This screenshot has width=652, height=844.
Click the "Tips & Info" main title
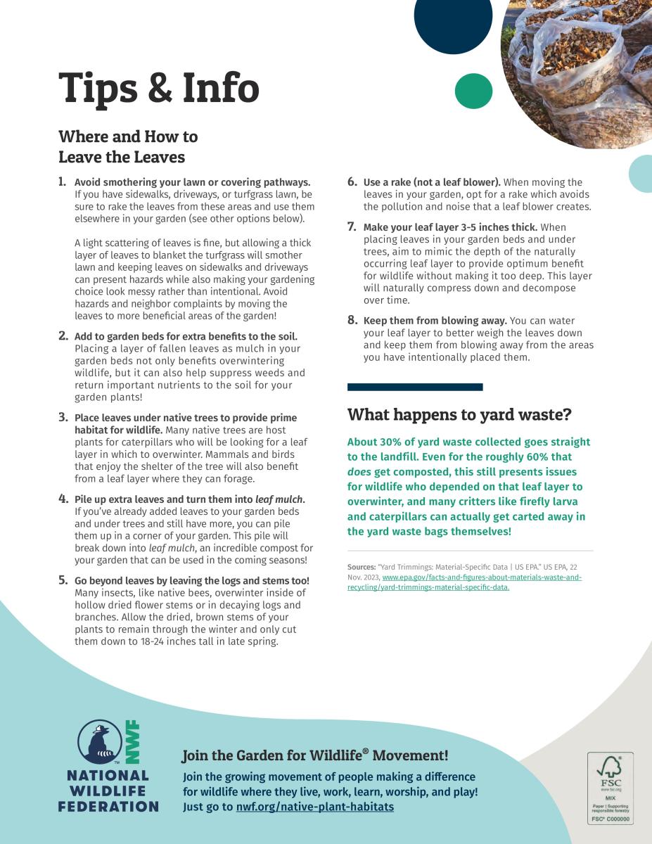point(159,88)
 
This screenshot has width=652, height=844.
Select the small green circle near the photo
point(473,91)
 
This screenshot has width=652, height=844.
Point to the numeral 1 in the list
point(62,181)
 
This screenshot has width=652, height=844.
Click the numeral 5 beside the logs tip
point(63,580)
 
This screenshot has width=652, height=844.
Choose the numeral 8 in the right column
point(352,321)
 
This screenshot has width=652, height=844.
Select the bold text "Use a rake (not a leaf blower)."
point(432,182)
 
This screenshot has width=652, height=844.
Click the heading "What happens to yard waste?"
point(459,414)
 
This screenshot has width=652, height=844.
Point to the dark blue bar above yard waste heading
point(415,387)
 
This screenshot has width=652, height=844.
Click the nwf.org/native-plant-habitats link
point(315,807)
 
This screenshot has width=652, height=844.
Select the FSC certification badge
point(610,788)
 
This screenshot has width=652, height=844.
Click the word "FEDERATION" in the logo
point(108,806)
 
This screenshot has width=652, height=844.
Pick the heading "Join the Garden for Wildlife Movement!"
point(315,756)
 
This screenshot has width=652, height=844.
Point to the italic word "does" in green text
point(359,472)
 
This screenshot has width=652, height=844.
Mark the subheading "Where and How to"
point(128,136)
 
